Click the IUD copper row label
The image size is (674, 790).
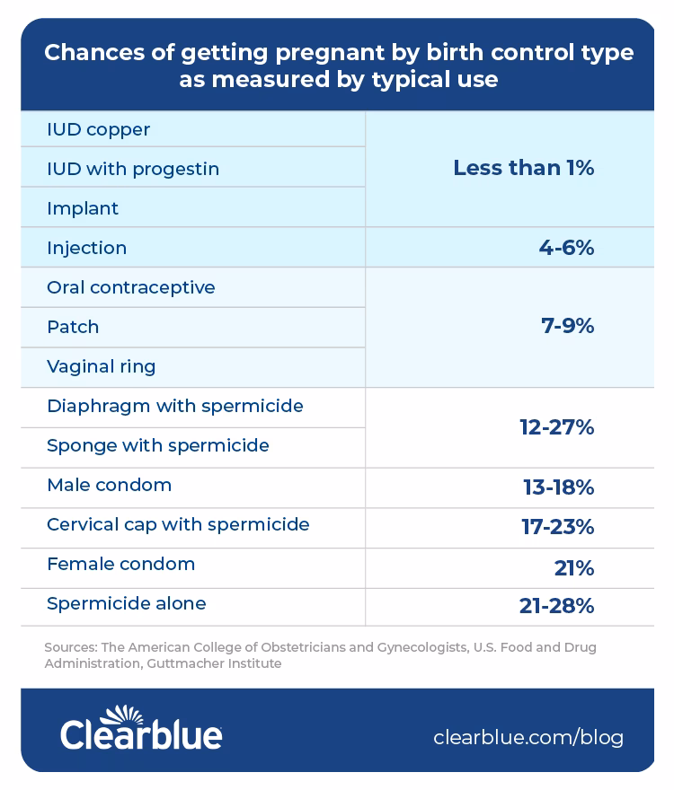(x=99, y=130)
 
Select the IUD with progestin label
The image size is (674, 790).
(x=133, y=170)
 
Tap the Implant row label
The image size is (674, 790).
(x=83, y=209)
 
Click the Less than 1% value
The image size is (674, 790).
(x=523, y=168)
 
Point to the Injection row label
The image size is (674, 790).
(x=87, y=248)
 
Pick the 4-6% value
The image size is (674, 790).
(x=566, y=248)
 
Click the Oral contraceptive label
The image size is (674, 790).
(x=131, y=288)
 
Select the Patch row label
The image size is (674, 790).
(x=73, y=328)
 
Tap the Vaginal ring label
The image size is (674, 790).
(x=102, y=367)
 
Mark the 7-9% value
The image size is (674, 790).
(x=567, y=327)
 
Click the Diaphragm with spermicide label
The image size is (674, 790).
(x=175, y=407)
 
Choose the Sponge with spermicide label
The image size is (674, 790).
(x=158, y=446)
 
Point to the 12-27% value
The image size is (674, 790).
(x=556, y=427)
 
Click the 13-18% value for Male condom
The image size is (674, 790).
(x=558, y=487)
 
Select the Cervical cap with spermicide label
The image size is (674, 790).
(x=178, y=525)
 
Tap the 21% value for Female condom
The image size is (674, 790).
(x=574, y=568)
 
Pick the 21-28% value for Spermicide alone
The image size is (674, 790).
(x=556, y=607)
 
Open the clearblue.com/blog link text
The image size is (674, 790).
(x=528, y=738)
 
